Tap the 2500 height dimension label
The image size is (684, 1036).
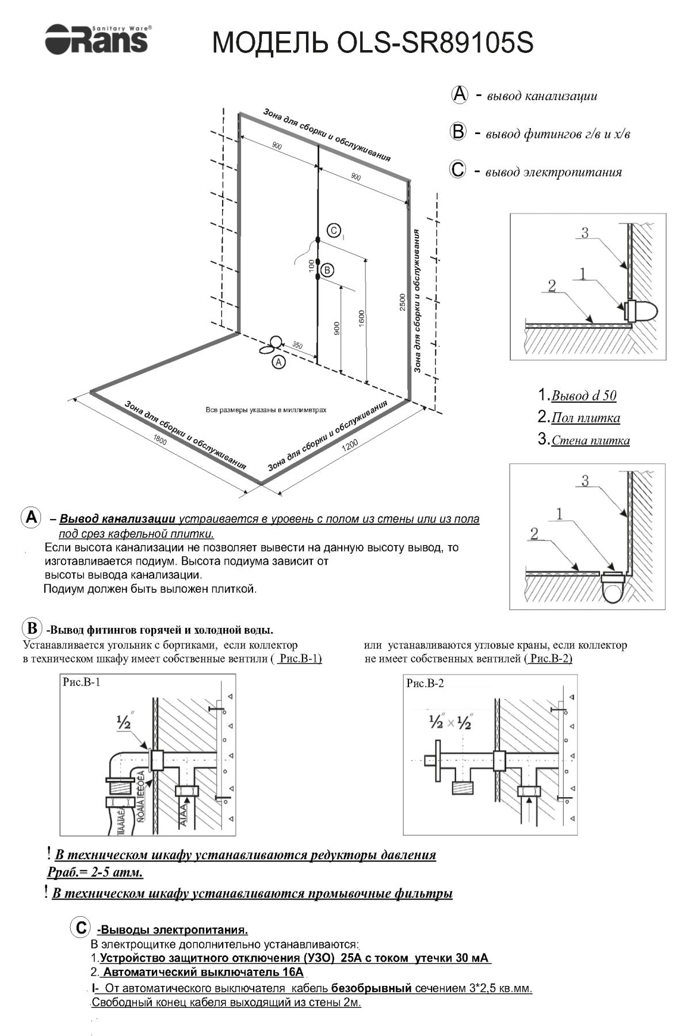[403, 302]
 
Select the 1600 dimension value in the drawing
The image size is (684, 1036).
[361, 317]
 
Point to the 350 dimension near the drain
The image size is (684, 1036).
[297, 345]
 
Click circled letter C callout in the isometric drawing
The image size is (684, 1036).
[334, 231]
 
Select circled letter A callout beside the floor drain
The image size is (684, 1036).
[278, 362]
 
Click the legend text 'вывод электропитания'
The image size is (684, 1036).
[553, 172]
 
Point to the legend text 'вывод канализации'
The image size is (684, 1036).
[541, 96]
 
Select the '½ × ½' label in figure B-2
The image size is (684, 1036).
[449, 722]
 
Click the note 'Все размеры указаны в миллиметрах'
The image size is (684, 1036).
[266, 410]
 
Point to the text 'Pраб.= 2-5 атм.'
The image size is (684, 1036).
[95, 873]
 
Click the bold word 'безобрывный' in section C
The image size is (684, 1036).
[371, 988]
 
